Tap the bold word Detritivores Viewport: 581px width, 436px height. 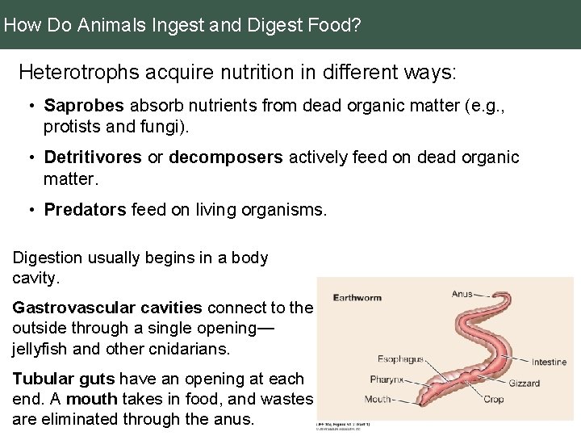point(93,157)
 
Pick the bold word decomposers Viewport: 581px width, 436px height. point(225,157)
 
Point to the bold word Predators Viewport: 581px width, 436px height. point(85,209)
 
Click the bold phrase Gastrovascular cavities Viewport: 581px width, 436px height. point(107,308)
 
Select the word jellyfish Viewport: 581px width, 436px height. point(43,349)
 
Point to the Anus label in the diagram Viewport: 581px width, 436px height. point(462,294)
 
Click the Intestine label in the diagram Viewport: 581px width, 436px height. point(549,363)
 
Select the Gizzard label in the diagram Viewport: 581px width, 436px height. point(524,383)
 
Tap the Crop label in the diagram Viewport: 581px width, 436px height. point(493,399)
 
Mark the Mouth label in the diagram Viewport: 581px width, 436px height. point(378,399)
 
